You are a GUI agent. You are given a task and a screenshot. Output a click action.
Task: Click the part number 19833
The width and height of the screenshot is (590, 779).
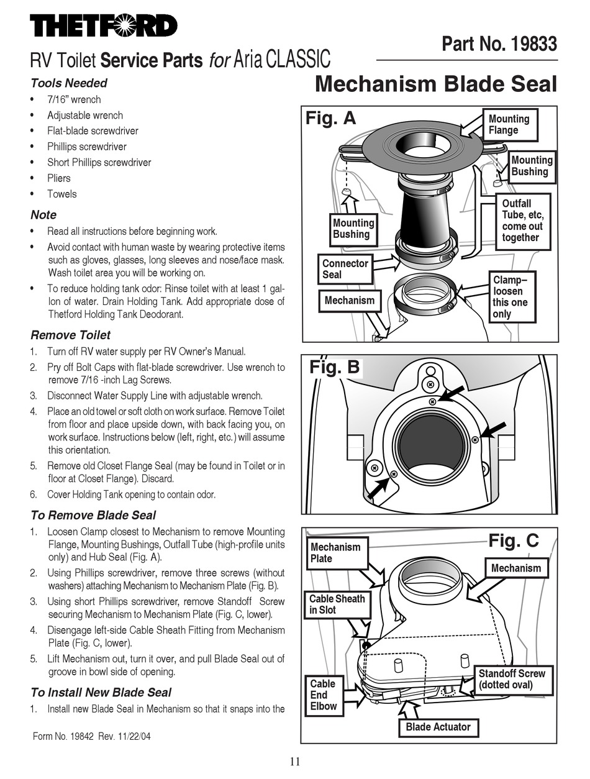coord(499,44)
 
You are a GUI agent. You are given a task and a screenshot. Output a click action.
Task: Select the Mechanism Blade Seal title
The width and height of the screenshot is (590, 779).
coord(436,84)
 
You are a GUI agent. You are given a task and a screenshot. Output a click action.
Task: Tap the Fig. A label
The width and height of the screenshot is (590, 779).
coord(331,118)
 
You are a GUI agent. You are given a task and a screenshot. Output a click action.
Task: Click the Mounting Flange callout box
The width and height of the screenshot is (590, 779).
coord(509,124)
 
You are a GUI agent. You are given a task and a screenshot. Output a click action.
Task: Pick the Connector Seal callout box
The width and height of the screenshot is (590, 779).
coord(345,269)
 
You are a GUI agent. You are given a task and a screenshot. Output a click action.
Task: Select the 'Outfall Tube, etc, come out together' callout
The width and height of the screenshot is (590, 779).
coord(522,221)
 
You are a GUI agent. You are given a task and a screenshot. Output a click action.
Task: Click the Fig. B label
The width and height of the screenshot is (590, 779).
coord(334,367)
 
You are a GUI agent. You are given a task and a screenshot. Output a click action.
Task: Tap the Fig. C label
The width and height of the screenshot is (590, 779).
coord(513,540)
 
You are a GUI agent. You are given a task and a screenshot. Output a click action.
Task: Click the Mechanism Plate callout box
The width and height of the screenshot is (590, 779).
coord(335,553)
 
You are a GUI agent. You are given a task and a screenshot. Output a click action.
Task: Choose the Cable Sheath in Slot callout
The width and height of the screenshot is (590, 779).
coord(337,604)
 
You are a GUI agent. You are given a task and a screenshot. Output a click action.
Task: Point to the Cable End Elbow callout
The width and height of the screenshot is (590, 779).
coord(324,695)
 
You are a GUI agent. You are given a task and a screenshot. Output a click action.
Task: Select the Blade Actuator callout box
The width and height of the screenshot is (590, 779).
coord(438,727)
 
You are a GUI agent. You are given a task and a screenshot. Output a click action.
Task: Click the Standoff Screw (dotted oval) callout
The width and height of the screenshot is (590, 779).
coord(511,679)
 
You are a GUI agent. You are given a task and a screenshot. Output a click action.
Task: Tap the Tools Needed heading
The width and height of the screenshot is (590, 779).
coord(69,83)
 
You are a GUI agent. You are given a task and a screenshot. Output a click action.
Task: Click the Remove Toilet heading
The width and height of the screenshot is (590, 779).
coord(70,335)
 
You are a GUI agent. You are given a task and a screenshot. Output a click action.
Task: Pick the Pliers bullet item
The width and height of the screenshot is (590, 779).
coord(59,178)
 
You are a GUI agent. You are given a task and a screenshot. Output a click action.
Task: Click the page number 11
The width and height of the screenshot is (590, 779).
coord(295,762)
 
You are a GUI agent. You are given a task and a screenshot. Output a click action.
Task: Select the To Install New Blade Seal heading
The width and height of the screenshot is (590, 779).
coord(101,692)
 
